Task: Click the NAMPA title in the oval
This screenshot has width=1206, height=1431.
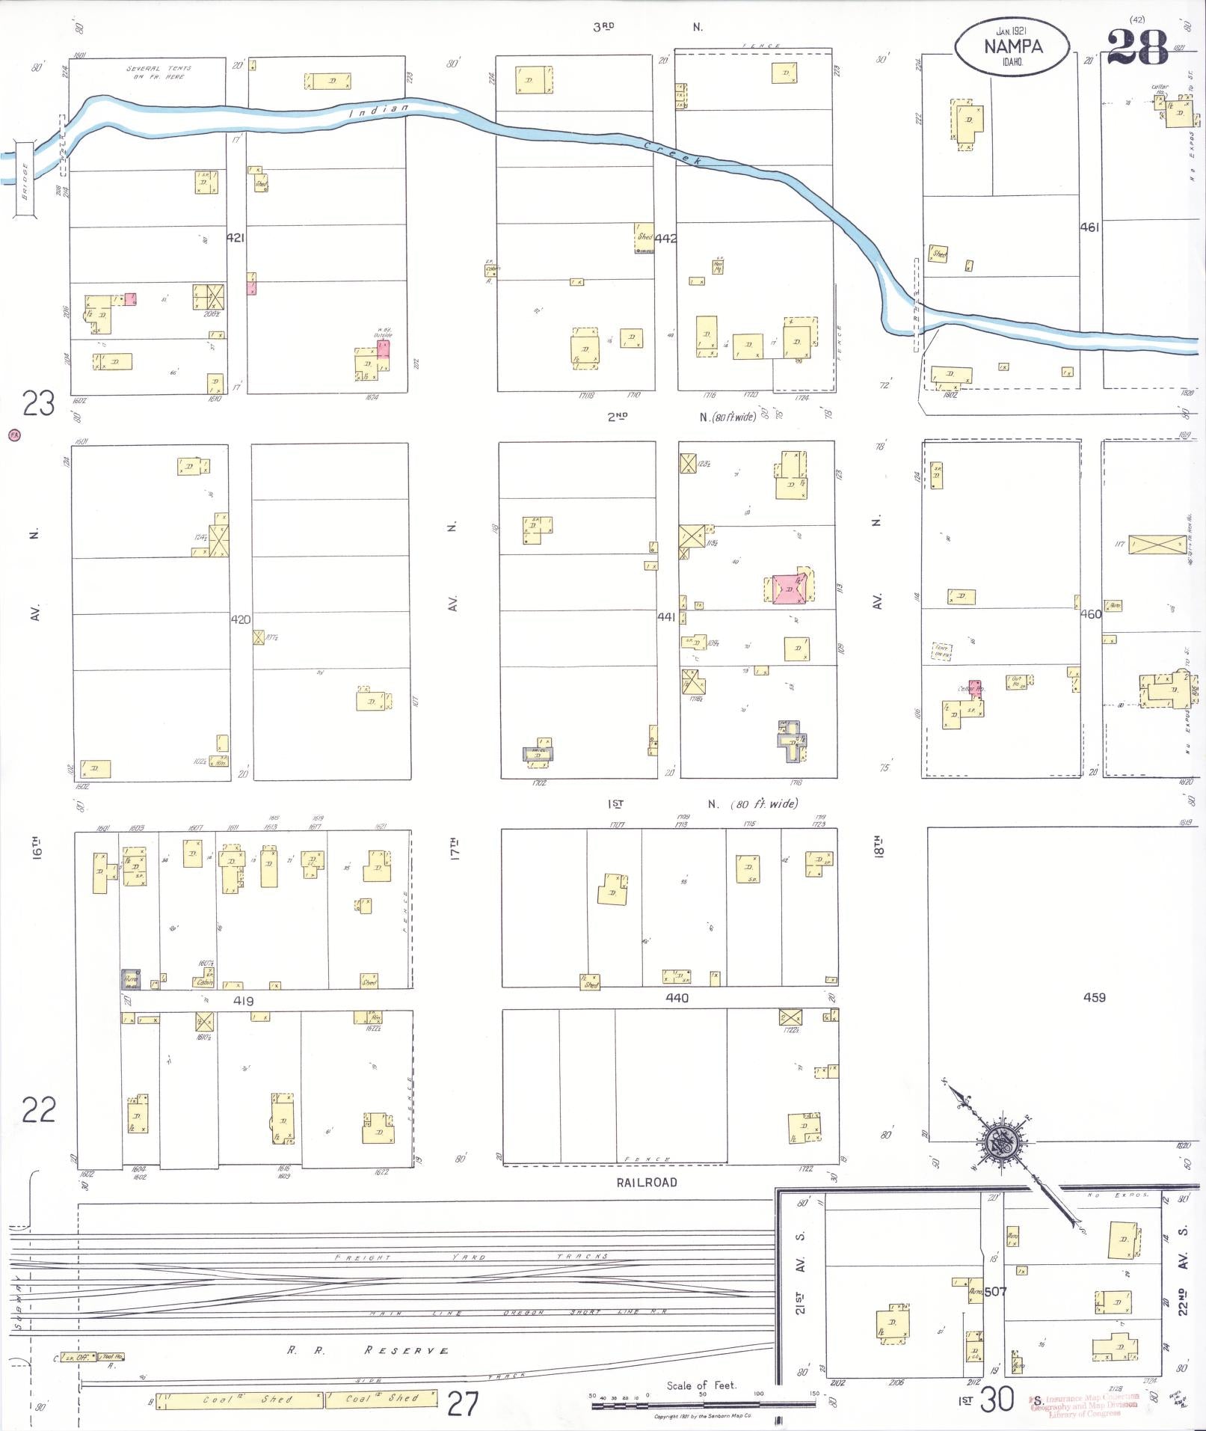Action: coord(1012,46)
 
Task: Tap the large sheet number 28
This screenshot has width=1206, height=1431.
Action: coord(1136,47)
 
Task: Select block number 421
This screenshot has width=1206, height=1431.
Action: coord(236,238)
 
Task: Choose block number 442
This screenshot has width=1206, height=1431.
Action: coord(665,239)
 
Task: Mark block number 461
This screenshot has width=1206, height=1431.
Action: coord(1089,227)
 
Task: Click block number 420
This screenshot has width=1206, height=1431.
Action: coord(241,619)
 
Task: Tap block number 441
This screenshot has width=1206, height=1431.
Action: coord(666,617)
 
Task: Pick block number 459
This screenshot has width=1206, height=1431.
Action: coord(1094,997)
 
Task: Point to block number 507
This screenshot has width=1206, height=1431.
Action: coord(995,1291)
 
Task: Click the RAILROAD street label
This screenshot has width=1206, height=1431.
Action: coord(647,1183)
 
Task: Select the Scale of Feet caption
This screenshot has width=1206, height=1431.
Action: coord(701,1385)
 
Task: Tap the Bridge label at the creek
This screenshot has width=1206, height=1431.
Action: coord(24,181)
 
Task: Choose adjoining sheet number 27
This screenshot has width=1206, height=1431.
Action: coord(462,1403)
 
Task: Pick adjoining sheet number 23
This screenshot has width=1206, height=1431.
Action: coord(39,404)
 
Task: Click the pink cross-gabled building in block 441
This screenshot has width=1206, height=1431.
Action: coord(789,589)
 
